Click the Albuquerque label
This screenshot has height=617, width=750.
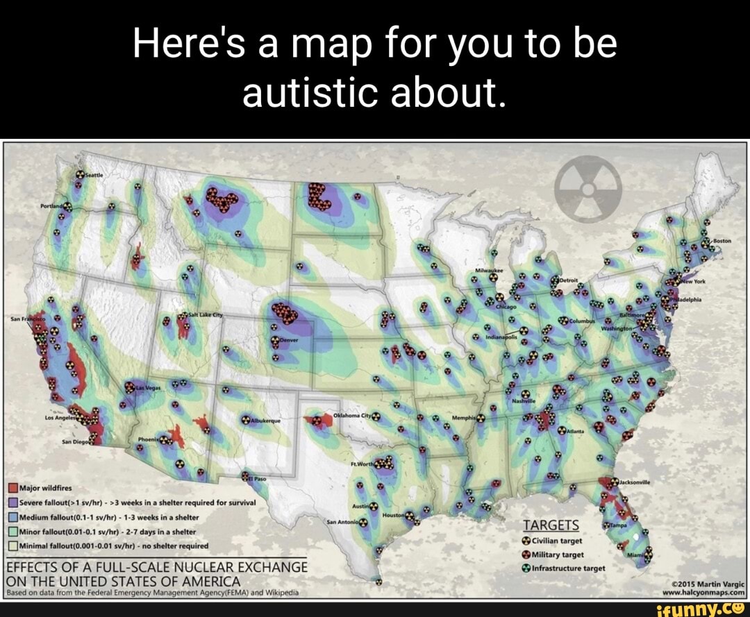[x=267, y=421]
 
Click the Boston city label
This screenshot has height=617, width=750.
[x=726, y=242]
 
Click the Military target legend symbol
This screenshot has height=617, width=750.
[x=535, y=554]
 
